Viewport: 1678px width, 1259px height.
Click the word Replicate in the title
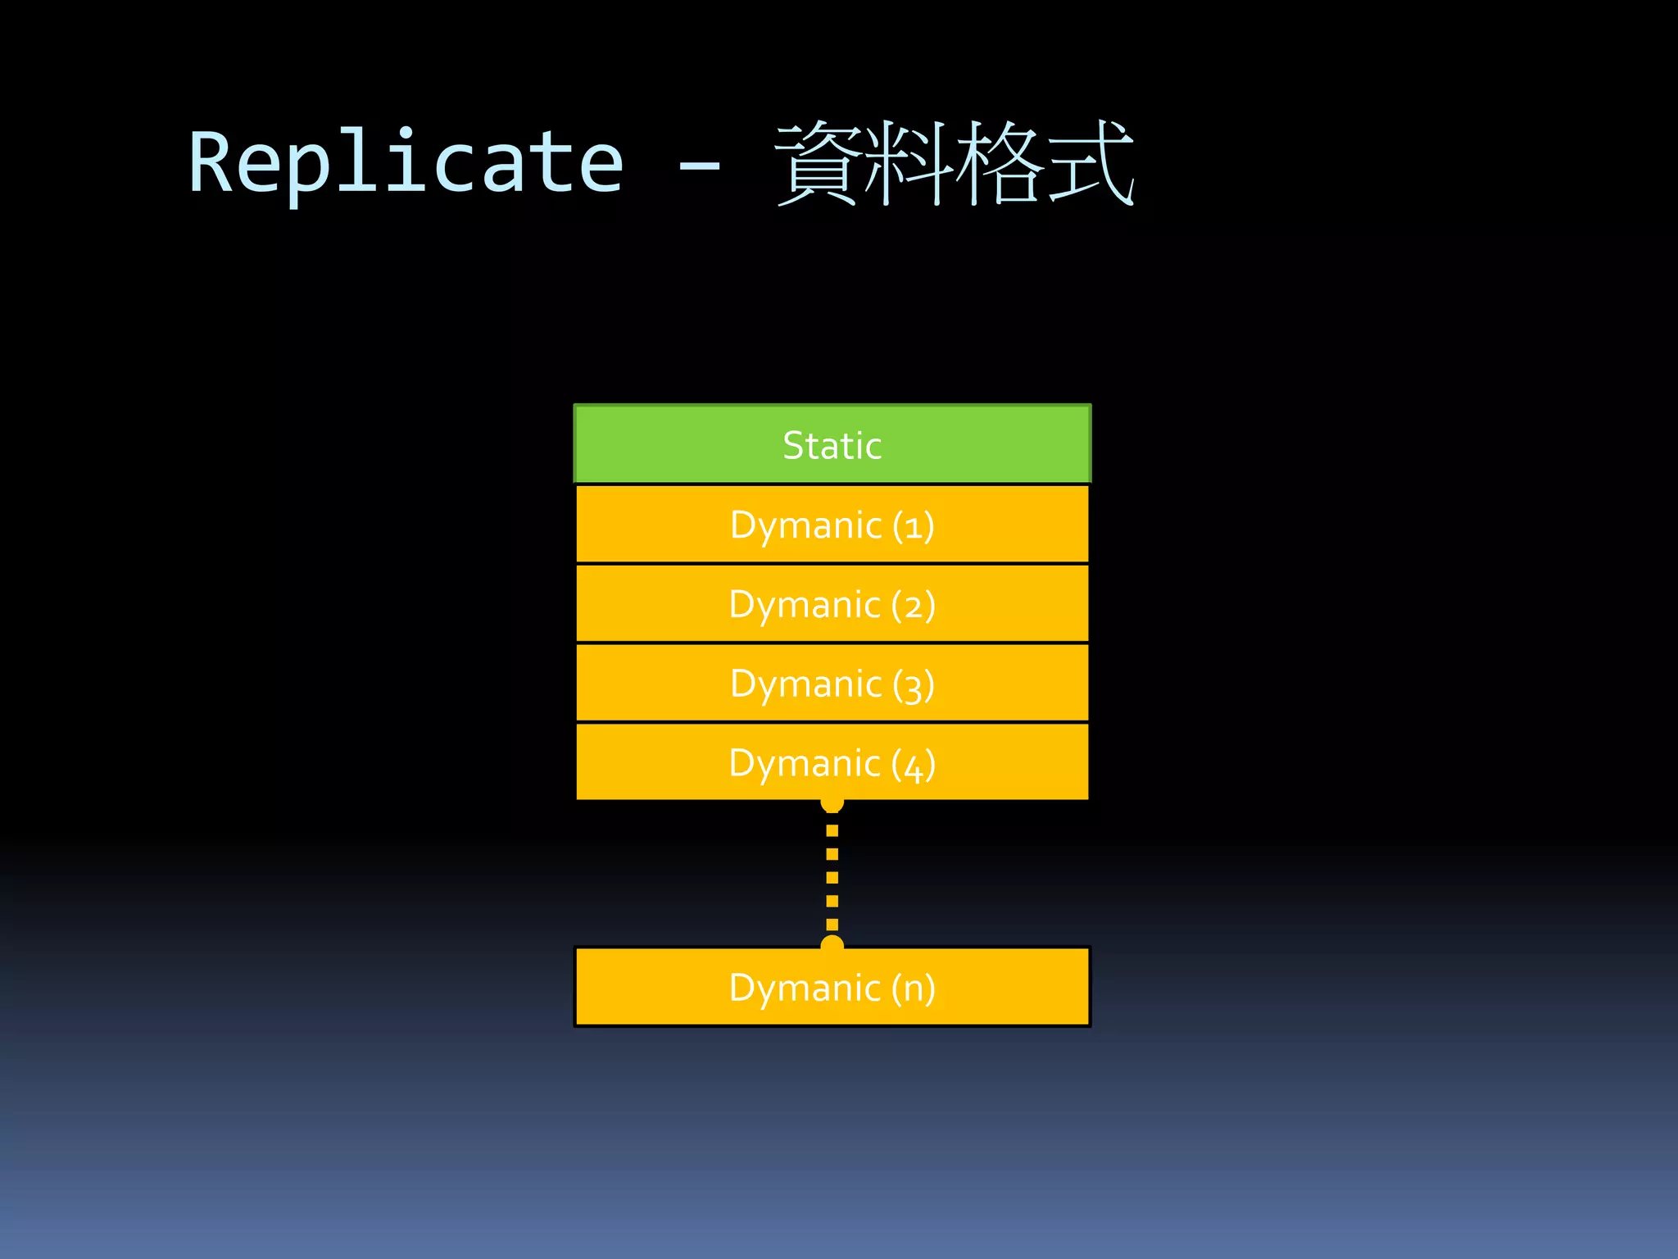(406, 164)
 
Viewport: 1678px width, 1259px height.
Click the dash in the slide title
(699, 166)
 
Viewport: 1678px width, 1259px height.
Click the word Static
(832, 446)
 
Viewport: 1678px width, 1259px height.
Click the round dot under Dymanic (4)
(832, 804)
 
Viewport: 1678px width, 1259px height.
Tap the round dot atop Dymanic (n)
(832, 943)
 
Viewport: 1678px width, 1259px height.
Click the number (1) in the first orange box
(914, 525)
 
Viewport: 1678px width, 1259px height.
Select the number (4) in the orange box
(914, 765)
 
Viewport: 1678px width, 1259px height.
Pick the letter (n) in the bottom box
(914, 989)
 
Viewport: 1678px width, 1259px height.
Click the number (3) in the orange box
(914, 685)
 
